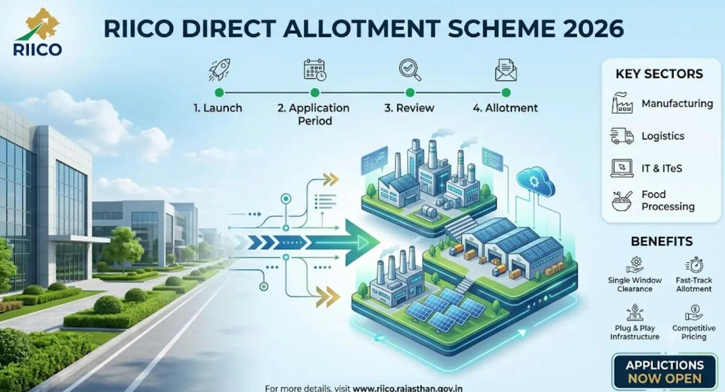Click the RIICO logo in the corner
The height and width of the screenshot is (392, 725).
(x=38, y=32)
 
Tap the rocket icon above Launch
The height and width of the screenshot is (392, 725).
(x=220, y=70)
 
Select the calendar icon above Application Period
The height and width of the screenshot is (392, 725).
(x=315, y=70)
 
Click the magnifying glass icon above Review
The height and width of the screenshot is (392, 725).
(x=410, y=70)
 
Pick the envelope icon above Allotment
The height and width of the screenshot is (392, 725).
(x=506, y=70)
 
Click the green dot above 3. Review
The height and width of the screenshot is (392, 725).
(x=410, y=93)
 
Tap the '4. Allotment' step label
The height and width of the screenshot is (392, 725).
(x=505, y=108)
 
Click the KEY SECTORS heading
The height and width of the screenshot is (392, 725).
(x=660, y=74)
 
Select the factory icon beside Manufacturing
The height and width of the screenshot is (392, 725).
(x=622, y=103)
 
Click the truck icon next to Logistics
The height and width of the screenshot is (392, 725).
(x=622, y=136)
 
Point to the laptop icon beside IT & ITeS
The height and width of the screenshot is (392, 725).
(x=622, y=168)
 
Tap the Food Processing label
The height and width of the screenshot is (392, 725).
(x=668, y=201)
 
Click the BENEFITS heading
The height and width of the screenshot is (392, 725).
(x=662, y=241)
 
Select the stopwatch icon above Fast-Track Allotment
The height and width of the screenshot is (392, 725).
(x=694, y=265)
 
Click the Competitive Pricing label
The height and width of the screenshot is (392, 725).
(x=694, y=332)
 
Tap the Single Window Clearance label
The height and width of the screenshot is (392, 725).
(x=634, y=285)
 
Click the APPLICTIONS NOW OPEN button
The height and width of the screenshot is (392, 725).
(x=665, y=372)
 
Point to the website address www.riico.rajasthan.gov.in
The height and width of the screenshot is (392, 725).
(x=407, y=388)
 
